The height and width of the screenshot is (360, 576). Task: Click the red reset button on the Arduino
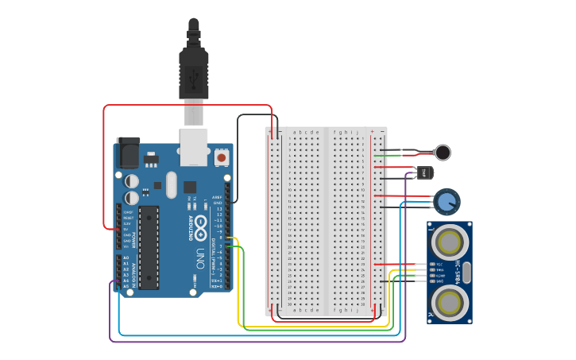tap(222, 158)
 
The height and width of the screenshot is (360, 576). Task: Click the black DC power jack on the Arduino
tap(128, 152)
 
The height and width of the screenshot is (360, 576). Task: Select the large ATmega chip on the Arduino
tap(149, 246)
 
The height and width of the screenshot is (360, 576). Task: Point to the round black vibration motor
tap(443, 153)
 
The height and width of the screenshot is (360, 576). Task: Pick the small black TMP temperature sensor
tap(426, 172)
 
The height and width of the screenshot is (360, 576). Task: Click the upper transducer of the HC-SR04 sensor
tap(450, 240)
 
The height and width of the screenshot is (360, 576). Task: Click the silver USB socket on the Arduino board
tap(194, 146)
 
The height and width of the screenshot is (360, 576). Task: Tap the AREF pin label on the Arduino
tap(216, 196)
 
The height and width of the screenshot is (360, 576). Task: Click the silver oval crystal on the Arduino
tap(171, 186)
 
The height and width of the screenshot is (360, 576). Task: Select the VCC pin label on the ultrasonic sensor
tap(437, 264)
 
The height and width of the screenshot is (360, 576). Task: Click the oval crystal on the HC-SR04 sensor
tap(466, 273)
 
